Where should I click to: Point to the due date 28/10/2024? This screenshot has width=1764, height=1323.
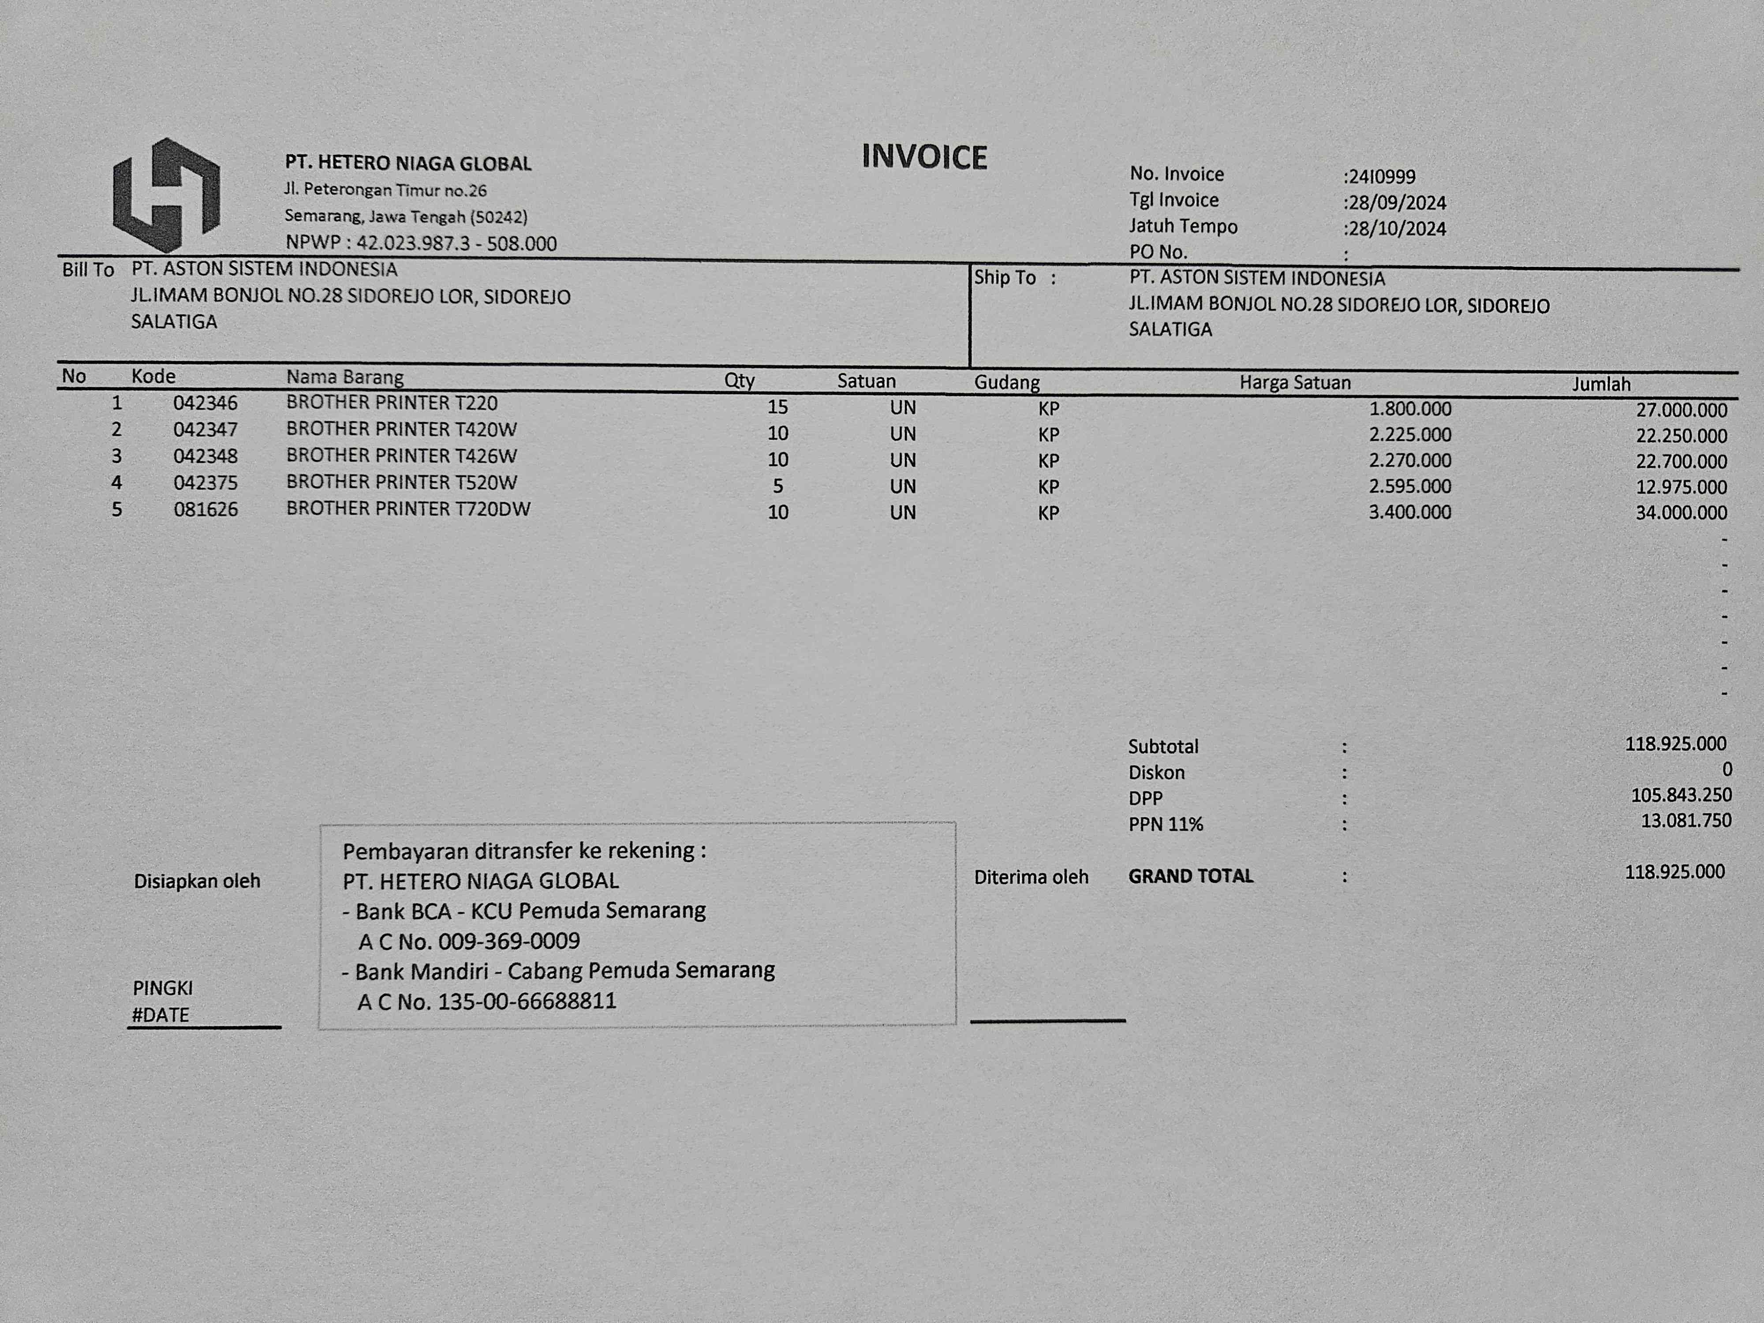[1396, 229]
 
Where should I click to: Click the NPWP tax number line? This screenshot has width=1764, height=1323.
[421, 243]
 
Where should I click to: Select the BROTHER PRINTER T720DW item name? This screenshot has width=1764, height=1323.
[408, 509]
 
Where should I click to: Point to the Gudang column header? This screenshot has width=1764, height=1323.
[1006, 383]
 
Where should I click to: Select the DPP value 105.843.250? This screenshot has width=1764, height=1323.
[1681, 795]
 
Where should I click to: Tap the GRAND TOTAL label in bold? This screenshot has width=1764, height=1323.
[1191, 876]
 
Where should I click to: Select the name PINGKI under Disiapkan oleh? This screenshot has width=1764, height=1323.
[163, 988]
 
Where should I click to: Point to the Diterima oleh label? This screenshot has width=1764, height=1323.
[1030, 877]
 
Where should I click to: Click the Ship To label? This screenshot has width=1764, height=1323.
[1005, 277]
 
